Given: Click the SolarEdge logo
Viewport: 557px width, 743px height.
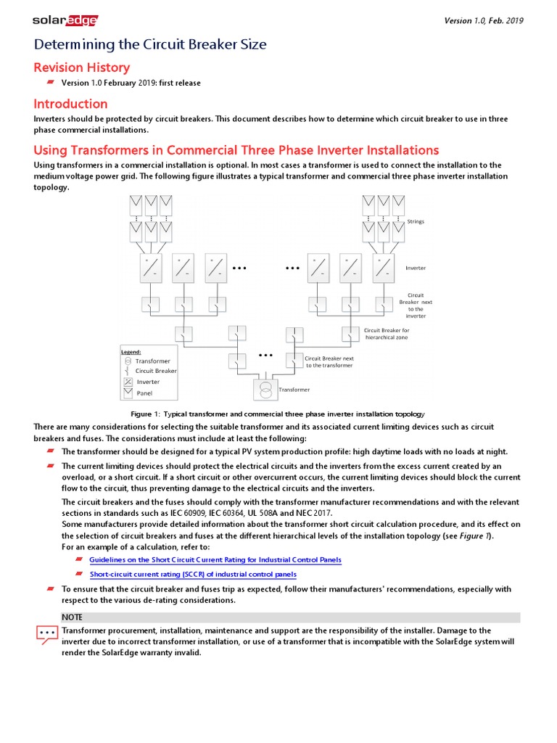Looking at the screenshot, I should click(65, 20).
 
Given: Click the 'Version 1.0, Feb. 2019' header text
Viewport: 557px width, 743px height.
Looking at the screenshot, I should click(483, 20).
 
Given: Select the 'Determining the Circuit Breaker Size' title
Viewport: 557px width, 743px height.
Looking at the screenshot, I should click(150, 45).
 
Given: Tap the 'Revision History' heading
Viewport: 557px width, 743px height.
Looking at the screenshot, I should click(81, 67).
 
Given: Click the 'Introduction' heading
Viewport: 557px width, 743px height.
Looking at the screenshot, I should click(70, 104).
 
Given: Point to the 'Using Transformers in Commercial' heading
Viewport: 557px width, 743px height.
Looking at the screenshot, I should click(236, 150).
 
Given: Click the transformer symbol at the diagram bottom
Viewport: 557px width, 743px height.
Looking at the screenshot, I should click(266, 390).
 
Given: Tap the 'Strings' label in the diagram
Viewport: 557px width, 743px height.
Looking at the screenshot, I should click(416, 221).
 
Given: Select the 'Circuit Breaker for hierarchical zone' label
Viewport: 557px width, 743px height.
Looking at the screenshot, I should click(387, 334).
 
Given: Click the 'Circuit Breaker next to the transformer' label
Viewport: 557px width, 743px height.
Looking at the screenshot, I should click(329, 361).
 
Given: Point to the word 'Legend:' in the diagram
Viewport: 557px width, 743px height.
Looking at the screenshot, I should click(131, 352).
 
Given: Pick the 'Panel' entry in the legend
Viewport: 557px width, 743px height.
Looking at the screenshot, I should click(144, 393).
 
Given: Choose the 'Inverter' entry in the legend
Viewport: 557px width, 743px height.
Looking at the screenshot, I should click(148, 382).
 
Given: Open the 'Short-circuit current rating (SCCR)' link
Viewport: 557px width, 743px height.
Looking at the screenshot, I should click(192, 575).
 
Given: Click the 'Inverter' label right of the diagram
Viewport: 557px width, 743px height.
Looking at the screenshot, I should click(416, 268).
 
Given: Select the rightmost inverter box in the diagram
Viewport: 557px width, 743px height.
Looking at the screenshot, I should click(384, 268).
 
